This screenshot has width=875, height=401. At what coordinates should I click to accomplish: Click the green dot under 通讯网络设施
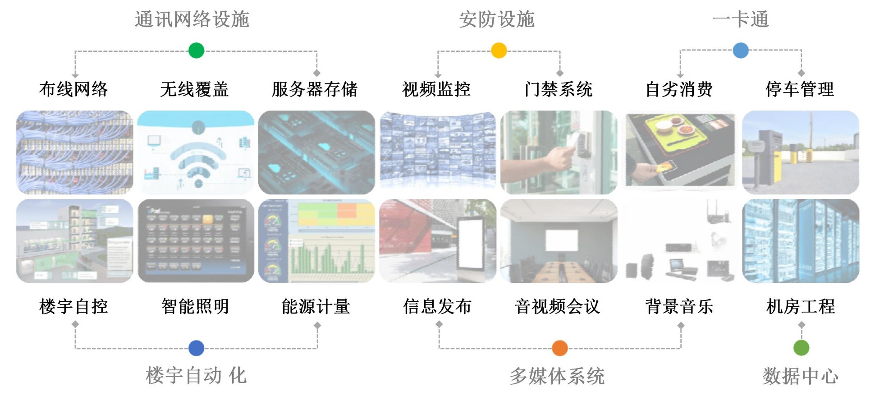pos(196,50)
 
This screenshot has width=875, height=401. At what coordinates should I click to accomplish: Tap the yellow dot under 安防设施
pos(499,50)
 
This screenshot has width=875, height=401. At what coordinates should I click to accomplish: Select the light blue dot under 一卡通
pos(741,50)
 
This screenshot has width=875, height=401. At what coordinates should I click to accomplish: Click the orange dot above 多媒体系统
pos(559,348)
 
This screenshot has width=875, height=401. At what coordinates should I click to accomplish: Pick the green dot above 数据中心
pos(801,347)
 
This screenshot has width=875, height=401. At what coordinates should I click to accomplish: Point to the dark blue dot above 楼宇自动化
pos(196,348)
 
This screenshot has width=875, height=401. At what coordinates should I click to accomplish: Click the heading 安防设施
pos(497,19)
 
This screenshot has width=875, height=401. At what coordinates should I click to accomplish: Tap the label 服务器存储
pos(315,89)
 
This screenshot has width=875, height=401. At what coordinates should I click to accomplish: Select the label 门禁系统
pos(559,89)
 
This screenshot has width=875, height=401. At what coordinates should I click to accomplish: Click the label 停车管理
pos(800,89)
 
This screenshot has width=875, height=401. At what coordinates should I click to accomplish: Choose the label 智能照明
pos(195,306)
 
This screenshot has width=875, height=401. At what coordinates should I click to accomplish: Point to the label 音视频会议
pos(558,306)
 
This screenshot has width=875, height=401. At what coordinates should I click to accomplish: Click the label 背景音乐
pos(679,306)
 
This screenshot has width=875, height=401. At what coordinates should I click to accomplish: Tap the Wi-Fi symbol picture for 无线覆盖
pos(196,152)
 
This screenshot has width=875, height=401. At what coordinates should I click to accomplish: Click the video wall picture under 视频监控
pos(437,152)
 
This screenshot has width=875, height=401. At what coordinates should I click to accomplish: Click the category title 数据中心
pos(800,376)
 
